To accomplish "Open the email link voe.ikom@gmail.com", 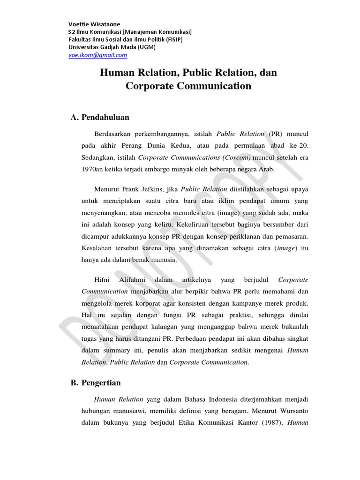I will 97,55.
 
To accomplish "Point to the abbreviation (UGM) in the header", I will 147,47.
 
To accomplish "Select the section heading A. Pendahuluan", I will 100,117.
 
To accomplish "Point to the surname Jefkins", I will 158,189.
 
